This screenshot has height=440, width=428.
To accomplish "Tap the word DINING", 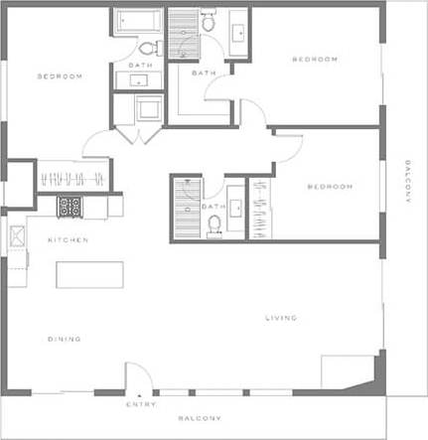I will coord(65,339).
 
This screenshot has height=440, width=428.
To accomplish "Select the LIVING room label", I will coord(281,318).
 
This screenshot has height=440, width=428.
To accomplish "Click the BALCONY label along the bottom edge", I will coord(200,418).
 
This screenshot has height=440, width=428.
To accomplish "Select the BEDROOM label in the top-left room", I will coord(60,76).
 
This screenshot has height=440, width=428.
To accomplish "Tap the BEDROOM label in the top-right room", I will coord(315,60).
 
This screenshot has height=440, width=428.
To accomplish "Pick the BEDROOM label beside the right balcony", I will coord(330,187).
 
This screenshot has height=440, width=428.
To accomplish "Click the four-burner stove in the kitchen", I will coord(70,207).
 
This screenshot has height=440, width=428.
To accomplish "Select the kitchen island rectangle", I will coord(89,274).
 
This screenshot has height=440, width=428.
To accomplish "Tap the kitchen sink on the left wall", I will coord(18,236).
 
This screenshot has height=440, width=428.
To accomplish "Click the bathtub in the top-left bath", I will coord(137,22).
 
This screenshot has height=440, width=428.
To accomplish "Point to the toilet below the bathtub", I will coord(147,48).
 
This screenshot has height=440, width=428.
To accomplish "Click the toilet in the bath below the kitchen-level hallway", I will coord(214,224).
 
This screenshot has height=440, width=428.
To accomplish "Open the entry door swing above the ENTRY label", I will coord(139,377).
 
